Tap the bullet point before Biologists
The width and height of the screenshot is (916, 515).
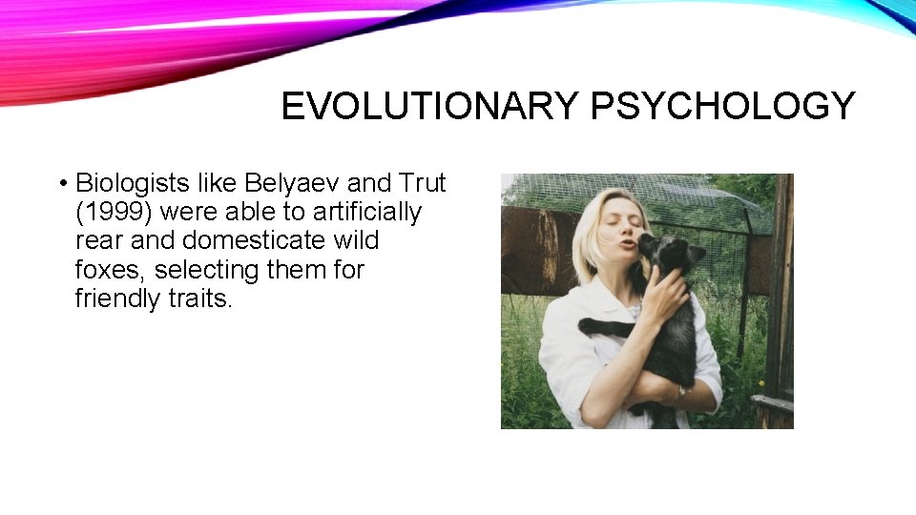pos(61,183)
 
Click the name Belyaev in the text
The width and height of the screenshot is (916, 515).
pos(286,182)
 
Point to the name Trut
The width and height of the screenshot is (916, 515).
pos(422,182)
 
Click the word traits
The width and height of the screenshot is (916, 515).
pos(199,299)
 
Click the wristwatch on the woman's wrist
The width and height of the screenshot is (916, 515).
pos(681,392)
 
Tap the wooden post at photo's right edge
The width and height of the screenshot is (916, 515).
pos(782,286)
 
